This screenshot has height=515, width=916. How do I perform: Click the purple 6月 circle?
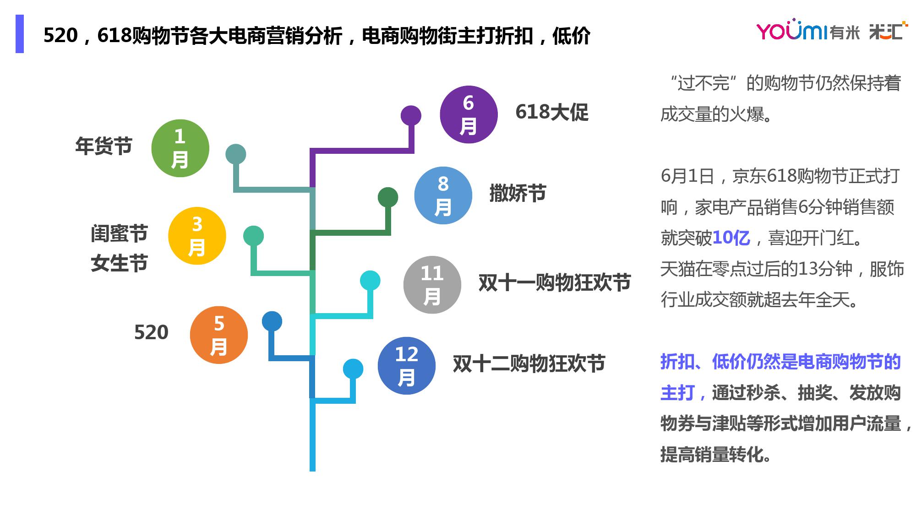[x=468, y=114]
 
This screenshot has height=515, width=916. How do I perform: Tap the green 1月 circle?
[x=180, y=148]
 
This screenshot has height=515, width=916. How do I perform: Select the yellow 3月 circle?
[x=197, y=236]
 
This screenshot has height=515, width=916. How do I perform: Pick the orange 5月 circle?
[x=218, y=335]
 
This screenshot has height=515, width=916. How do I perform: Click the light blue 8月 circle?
[x=443, y=195]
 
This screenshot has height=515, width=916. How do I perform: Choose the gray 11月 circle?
[x=432, y=285]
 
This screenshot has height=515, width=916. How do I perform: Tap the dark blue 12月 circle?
[x=406, y=366]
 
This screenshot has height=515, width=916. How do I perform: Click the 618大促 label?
[x=552, y=112]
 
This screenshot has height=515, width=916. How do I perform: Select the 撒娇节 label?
[x=518, y=193]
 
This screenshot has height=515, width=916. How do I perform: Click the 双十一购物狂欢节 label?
[x=555, y=283]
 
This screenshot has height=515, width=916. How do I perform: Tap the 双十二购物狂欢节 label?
[x=529, y=364]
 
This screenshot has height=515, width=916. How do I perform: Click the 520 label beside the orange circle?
[x=151, y=332]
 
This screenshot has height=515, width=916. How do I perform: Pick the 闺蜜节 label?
[x=119, y=233]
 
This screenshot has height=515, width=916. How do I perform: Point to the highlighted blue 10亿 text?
[x=731, y=238]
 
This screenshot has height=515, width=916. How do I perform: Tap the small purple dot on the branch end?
[x=411, y=115]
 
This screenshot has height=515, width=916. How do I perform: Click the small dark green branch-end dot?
[x=388, y=197]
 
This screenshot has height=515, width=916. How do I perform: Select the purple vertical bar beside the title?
[x=20, y=34]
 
